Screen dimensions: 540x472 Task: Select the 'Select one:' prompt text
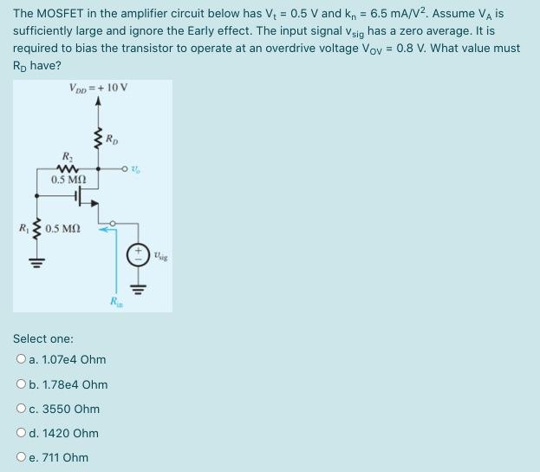point(43,338)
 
